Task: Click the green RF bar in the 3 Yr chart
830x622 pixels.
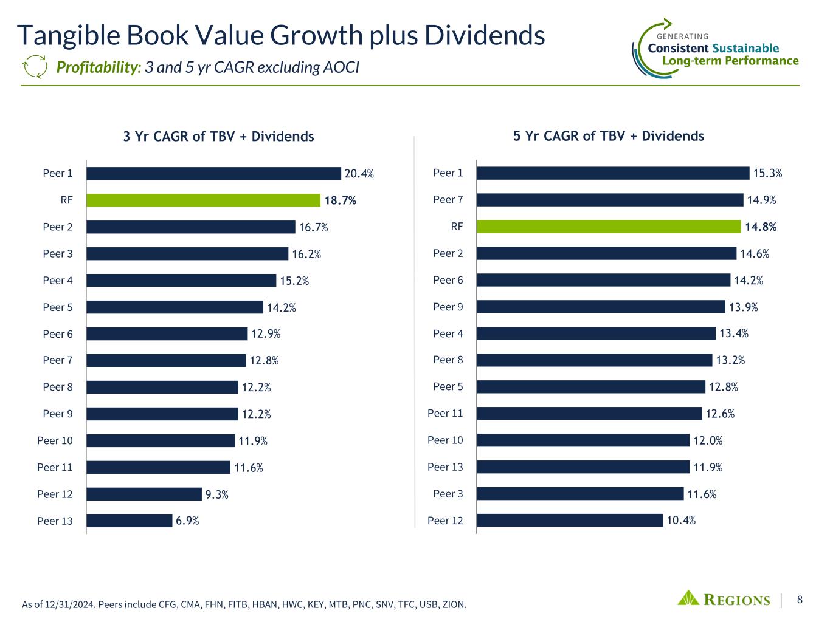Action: pos(203,200)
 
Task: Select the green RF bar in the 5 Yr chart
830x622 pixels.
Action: pos(609,227)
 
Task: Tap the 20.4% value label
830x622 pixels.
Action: pos(359,174)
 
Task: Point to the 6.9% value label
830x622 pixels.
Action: pos(187,521)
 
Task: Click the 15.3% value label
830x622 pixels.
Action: pos(767,174)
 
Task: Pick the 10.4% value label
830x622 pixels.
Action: pos(681,520)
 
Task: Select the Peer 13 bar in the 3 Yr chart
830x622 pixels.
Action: pos(130,521)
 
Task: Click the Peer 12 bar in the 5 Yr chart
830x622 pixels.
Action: pos(570,520)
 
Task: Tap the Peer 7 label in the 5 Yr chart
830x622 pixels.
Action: pos(448,200)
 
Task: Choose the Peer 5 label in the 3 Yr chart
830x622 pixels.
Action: pos(58,307)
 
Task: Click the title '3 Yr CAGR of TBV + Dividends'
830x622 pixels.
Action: pos(218,137)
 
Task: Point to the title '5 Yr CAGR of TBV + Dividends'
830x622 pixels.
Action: pos(609,136)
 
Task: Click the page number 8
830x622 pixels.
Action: pos(800,600)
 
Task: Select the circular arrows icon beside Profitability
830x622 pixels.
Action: pos(34,67)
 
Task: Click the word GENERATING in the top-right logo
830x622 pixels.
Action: pos(683,36)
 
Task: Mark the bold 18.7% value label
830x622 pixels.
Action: pos(340,200)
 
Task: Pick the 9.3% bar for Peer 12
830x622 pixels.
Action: pos(144,494)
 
